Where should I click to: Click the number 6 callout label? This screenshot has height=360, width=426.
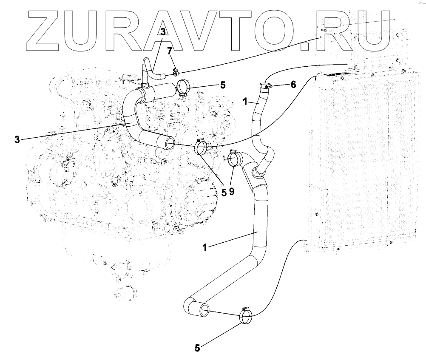coord(293,85)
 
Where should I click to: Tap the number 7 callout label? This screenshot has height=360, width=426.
coord(169,51)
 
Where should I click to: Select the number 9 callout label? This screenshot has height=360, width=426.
coord(232,192)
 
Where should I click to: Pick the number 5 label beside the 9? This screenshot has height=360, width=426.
coord(224,192)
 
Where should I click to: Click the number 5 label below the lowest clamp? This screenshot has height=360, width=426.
coord(197,348)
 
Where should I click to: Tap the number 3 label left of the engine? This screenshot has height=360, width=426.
coord(17,139)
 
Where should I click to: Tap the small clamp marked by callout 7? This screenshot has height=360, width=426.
coord(175,72)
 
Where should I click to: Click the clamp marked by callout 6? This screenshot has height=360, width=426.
coord(264,86)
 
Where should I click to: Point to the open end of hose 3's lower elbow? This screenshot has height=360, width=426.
coord(170,143)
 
